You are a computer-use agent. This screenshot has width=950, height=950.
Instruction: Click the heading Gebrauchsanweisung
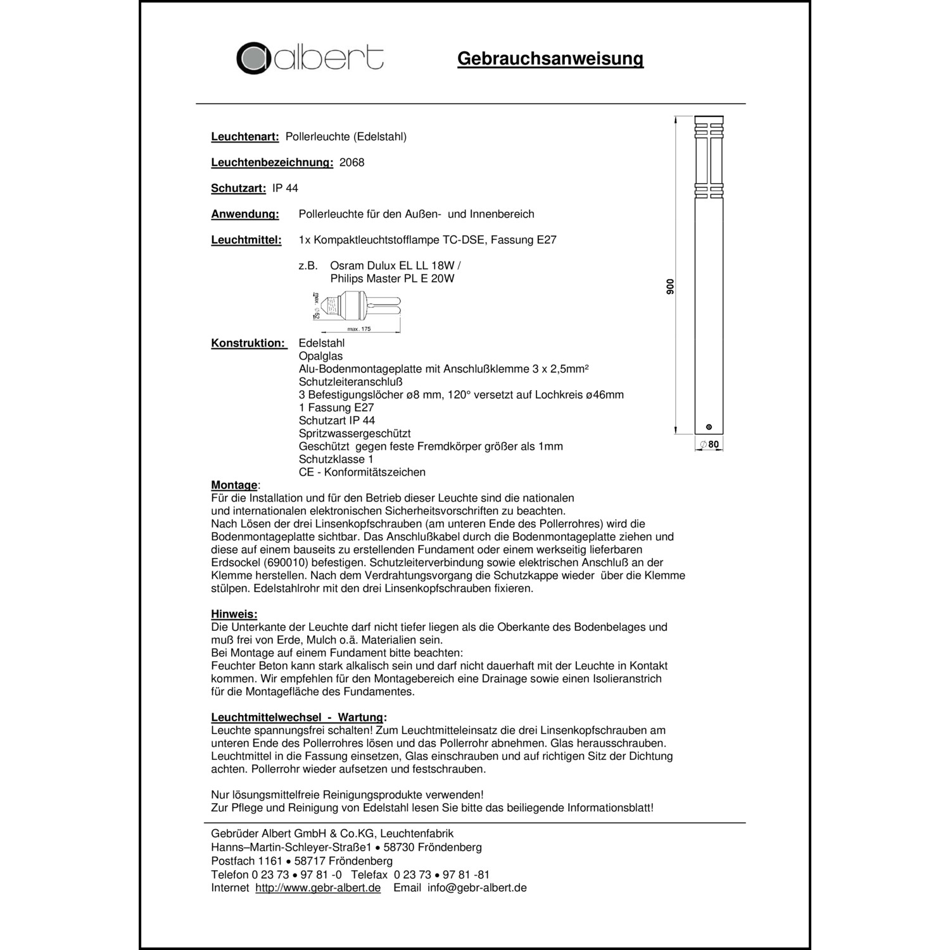tap(550, 59)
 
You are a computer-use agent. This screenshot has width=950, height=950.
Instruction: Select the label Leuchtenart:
tap(244, 137)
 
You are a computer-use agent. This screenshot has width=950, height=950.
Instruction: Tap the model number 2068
tap(352, 163)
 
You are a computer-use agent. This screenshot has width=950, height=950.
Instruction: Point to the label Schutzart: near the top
tap(238, 189)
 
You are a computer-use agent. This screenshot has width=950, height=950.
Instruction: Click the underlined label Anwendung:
tap(244, 215)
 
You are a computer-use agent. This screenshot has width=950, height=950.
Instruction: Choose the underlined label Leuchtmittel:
tap(246, 241)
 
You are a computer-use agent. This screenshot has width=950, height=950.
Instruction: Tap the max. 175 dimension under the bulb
tap(359, 329)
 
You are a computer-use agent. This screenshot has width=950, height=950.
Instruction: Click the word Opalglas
tap(320, 357)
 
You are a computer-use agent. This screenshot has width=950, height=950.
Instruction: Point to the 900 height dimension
tap(671, 286)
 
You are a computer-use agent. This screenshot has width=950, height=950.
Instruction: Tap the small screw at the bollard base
tap(708, 427)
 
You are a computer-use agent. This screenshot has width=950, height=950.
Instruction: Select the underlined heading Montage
tap(234, 486)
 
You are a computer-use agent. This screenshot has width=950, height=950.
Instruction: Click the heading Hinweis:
tap(234, 614)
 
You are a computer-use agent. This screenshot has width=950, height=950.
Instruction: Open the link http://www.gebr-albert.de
tap(318, 888)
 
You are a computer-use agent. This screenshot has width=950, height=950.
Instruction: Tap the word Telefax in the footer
tap(369, 875)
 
